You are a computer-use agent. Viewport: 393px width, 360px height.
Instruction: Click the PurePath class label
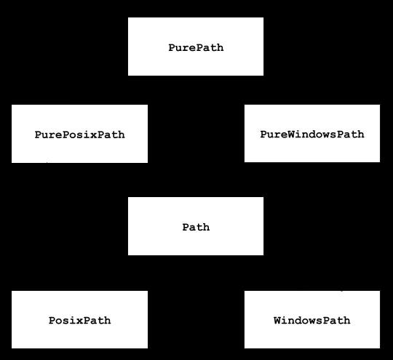tap(196, 48)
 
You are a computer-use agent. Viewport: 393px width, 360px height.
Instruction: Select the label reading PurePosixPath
tap(79, 135)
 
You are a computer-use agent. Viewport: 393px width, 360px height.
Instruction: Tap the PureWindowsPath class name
tap(312, 135)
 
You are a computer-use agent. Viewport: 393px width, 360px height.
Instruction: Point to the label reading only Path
tap(196, 227)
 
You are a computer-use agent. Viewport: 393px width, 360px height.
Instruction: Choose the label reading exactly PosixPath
tap(79, 320)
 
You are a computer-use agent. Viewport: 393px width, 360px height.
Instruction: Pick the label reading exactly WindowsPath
tap(312, 320)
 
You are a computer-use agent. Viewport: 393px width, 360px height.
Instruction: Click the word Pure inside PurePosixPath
tap(48, 135)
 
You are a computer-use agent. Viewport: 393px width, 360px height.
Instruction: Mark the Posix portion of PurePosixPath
tap(79, 135)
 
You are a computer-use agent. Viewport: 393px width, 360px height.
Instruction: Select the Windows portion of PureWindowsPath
tap(312, 135)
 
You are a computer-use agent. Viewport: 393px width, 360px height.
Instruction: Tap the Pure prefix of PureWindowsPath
tap(274, 135)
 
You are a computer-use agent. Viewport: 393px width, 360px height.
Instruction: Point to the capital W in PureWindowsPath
tap(292, 135)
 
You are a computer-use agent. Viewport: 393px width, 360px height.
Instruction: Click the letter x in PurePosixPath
tap(93, 135)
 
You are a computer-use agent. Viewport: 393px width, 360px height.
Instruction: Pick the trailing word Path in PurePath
tap(210, 48)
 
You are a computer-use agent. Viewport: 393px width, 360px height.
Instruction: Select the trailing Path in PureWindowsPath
tap(351, 135)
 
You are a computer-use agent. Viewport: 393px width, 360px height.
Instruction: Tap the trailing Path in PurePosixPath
tap(111, 135)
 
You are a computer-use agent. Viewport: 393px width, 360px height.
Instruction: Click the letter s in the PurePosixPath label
tap(79, 135)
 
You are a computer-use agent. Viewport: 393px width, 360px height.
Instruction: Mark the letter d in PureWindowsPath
tap(312, 135)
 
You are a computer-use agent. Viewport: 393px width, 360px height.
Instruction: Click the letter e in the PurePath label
tap(192, 48)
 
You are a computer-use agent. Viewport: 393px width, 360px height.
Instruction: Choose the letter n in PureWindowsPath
tap(306, 135)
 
